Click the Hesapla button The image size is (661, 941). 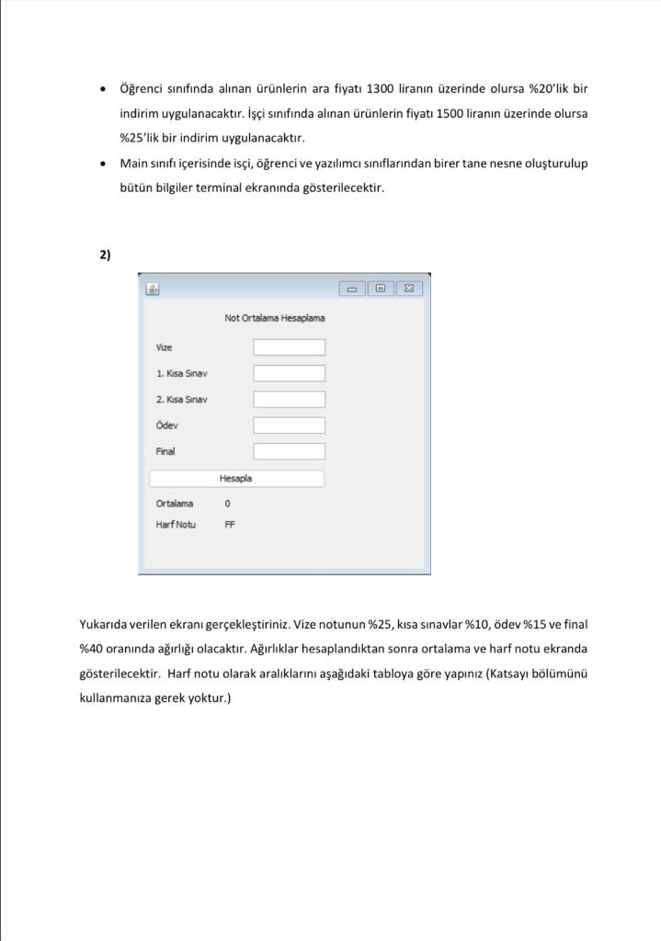236,479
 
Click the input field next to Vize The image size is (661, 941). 289,347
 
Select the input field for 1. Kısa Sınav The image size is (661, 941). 289,373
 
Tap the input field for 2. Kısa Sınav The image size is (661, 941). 289,400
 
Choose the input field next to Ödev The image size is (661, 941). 289,425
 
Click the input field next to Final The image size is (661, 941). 289,451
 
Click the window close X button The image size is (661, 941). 408,289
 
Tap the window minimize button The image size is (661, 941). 352,289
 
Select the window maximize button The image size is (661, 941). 380,289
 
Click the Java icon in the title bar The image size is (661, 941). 153,289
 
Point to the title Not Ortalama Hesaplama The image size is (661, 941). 275,318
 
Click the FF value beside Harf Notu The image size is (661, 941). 230,525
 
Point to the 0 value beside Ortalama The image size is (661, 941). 227,504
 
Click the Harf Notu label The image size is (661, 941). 176,525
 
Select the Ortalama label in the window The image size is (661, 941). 175,504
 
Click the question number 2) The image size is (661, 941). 105,255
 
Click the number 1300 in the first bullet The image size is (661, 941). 380,89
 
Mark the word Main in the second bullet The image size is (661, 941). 134,164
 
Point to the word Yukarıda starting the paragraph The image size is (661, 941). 105,624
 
